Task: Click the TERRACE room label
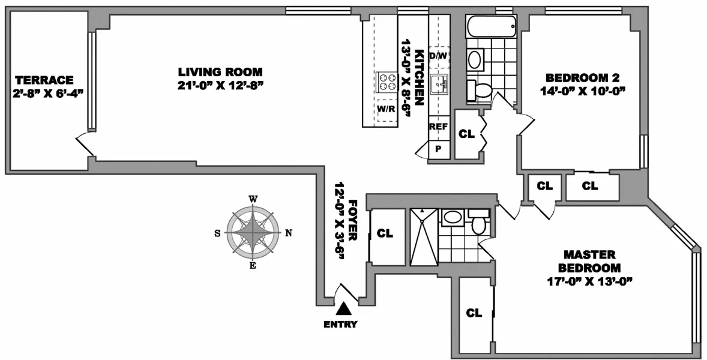44,80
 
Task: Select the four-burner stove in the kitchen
386,82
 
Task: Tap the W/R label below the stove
385,109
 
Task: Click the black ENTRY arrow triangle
343,309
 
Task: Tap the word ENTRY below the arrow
340,325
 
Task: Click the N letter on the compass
288,233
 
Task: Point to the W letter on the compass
253,199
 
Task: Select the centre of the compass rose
253,233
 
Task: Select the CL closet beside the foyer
385,233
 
